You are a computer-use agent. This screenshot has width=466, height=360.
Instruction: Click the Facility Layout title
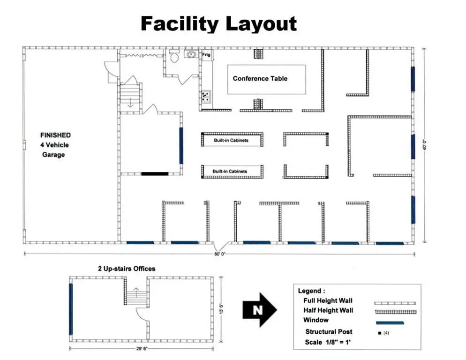point(218,23)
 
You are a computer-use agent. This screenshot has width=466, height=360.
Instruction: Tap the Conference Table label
point(260,78)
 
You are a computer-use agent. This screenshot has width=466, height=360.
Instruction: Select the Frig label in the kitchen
point(206,55)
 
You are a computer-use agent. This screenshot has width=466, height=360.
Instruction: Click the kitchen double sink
point(205,97)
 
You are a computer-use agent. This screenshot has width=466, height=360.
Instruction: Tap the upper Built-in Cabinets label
point(231,140)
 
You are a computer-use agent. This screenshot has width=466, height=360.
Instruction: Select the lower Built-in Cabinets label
point(230,172)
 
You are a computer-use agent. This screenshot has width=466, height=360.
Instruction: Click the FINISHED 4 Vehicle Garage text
point(55,145)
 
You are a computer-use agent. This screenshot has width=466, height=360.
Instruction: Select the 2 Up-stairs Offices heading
point(126,269)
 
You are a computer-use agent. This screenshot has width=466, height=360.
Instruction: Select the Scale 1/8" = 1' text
point(328,342)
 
